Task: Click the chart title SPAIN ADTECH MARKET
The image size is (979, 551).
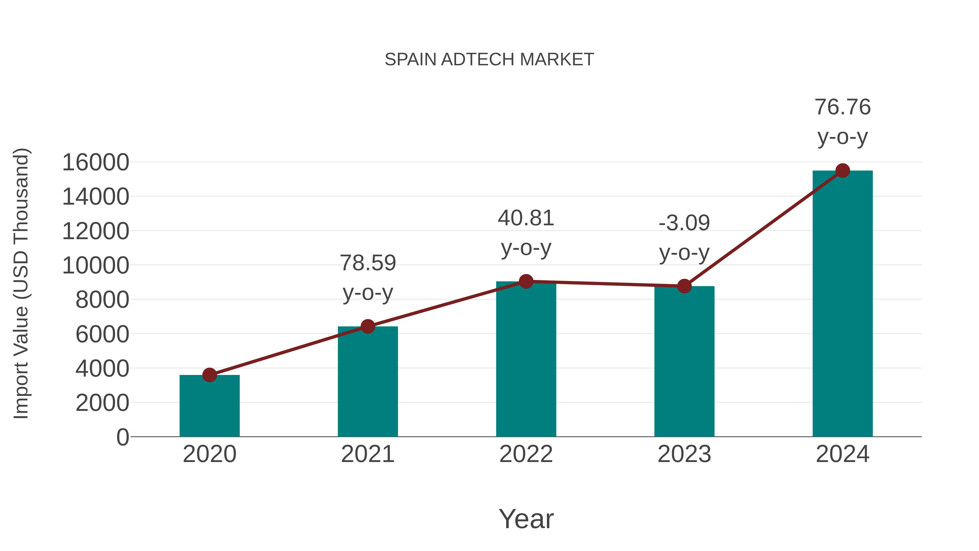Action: (489, 60)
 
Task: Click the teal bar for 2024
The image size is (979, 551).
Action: (842, 304)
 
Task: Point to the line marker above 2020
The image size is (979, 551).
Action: (209, 375)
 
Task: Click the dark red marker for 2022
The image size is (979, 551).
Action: (526, 281)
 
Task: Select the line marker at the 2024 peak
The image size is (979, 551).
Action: (842, 171)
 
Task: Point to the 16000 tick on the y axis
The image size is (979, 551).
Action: (95, 162)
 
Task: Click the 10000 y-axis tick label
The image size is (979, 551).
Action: (95, 265)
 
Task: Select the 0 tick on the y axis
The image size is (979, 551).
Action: (122, 437)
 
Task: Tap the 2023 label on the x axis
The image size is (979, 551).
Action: (684, 454)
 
